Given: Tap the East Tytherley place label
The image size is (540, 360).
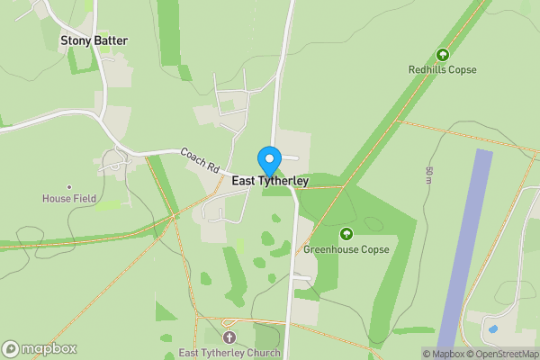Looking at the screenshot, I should click(270, 181).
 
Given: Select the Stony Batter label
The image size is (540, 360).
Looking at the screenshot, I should click(94, 40).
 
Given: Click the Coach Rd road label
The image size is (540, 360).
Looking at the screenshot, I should click(200, 160).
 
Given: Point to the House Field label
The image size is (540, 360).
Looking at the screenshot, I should click(69, 198).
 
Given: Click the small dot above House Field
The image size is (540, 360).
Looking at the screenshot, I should click(69, 187).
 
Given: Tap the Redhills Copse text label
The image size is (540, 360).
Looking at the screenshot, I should click(442, 69).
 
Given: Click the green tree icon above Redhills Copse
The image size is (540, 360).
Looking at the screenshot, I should click(442, 55).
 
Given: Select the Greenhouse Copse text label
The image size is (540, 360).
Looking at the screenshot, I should click(346, 249).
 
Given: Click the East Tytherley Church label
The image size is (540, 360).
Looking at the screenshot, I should click(229, 353).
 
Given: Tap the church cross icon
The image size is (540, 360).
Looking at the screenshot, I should click(229, 337).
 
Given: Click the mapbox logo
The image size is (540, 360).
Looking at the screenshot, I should click(40, 349).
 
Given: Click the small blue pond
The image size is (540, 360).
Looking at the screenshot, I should click(492, 328).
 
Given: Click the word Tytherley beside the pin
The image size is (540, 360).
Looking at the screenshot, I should click(283, 181).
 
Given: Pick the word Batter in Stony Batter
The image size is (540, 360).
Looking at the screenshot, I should click(112, 40).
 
